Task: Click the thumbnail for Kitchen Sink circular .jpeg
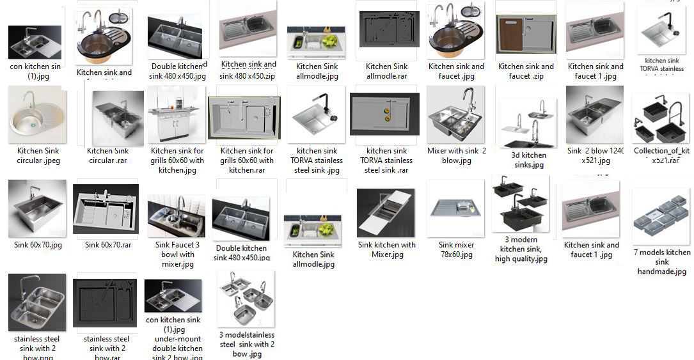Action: click(x=37, y=116)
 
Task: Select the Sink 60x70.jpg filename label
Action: click(x=38, y=245)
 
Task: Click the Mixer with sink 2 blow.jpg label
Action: click(x=456, y=155)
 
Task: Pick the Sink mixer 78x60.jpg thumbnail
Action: click(x=456, y=208)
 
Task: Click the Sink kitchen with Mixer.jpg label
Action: click(x=386, y=249)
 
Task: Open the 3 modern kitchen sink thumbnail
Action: click(x=521, y=204)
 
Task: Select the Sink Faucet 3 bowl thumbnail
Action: click(x=177, y=217)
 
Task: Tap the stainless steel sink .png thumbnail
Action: click(x=37, y=302)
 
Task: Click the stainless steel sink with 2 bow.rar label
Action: click(x=107, y=348)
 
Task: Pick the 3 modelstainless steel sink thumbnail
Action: click(x=246, y=299)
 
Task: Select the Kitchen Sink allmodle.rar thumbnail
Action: click(x=386, y=30)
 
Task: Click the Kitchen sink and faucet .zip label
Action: click(x=526, y=71)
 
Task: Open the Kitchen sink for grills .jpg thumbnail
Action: click(x=176, y=116)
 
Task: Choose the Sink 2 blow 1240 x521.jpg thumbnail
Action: click(x=594, y=116)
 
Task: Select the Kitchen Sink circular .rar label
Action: click(x=107, y=155)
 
